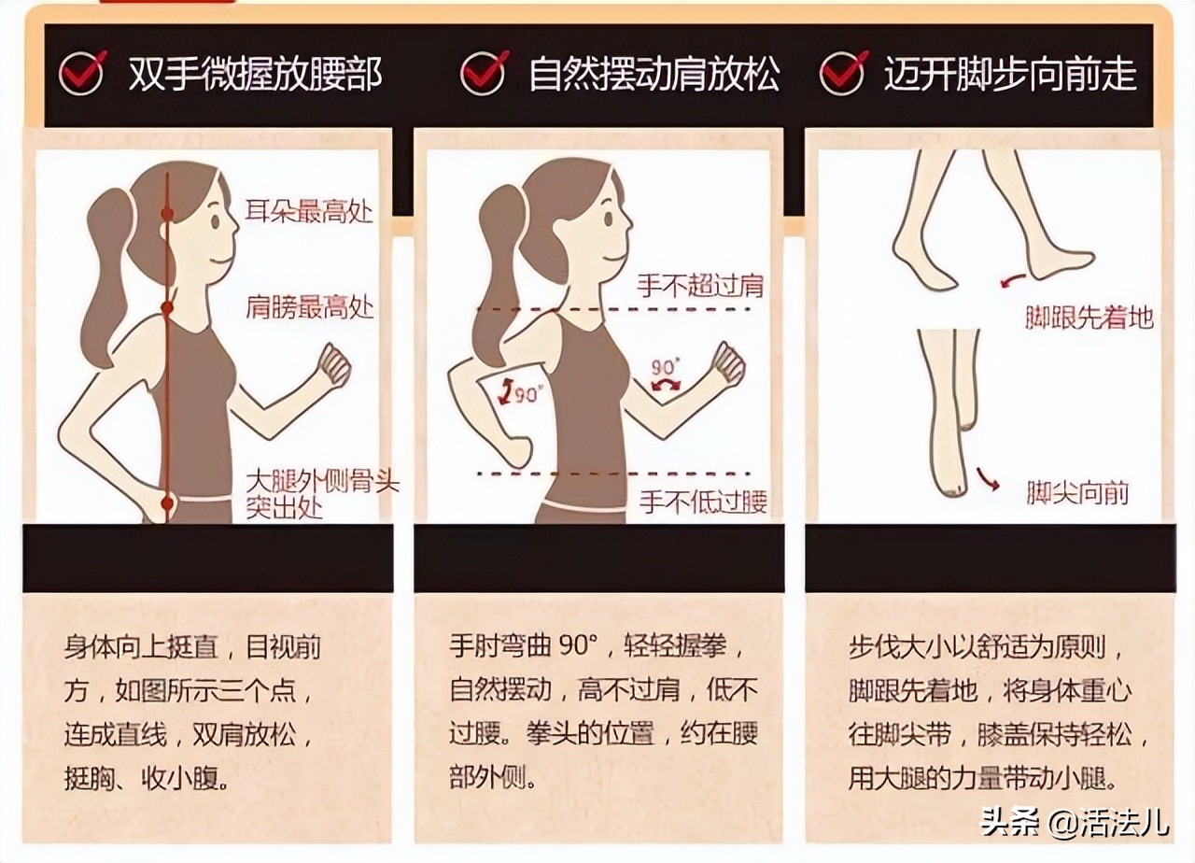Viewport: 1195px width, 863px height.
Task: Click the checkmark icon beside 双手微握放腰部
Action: coord(83,72)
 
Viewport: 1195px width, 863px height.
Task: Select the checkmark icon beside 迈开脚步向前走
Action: coord(843,72)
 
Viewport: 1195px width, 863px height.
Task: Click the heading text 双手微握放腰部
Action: coord(255,74)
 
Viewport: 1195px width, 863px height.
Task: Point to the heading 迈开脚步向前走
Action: coord(1010,74)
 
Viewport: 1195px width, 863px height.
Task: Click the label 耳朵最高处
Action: coord(309,210)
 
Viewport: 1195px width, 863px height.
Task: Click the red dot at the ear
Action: coord(168,214)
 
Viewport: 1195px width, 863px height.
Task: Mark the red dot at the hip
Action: coord(168,504)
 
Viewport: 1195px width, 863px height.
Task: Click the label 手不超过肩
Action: coord(700,285)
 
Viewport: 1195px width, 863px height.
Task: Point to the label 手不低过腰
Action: coord(703,502)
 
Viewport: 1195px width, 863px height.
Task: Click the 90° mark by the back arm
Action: coord(522,393)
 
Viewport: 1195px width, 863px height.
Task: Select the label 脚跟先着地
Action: coord(1089,318)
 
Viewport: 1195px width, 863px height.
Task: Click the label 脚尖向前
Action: coord(1077,492)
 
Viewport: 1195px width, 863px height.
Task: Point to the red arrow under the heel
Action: coord(1011,279)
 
